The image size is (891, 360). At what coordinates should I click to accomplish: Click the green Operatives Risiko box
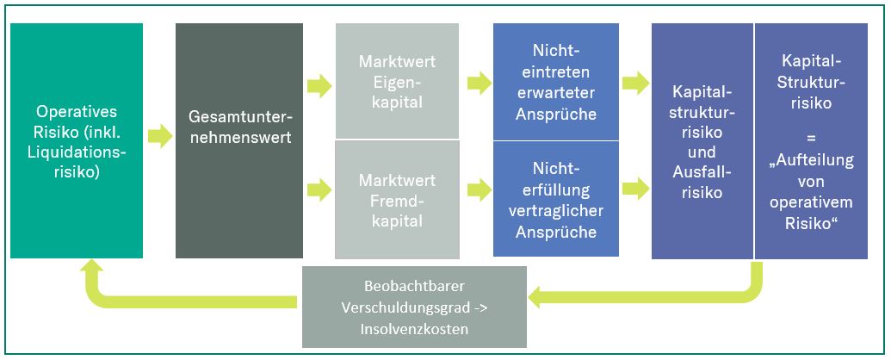click(77, 140)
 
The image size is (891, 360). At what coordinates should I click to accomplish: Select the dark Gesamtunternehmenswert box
click(239, 140)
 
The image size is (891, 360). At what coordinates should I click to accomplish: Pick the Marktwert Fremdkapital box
click(397, 199)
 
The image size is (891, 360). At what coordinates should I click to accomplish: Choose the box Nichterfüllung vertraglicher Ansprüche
click(555, 199)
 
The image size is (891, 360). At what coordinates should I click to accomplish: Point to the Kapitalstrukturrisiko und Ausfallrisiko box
click(702, 140)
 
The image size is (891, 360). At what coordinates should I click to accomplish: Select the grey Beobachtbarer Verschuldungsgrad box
click(414, 306)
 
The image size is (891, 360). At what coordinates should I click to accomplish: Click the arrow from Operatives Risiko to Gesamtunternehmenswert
click(159, 135)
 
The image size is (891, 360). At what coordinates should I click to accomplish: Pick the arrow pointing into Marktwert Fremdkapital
click(319, 188)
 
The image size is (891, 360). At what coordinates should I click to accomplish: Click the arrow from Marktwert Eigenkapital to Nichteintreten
click(477, 84)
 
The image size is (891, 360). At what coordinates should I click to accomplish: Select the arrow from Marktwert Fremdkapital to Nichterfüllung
click(477, 188)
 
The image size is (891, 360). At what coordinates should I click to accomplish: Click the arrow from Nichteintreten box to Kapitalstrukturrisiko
click(635, 84)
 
